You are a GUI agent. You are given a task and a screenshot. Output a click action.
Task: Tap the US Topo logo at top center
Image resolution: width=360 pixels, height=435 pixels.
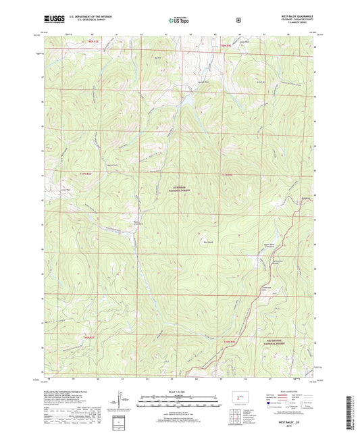pyautogui.click(x=179, y=21)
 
